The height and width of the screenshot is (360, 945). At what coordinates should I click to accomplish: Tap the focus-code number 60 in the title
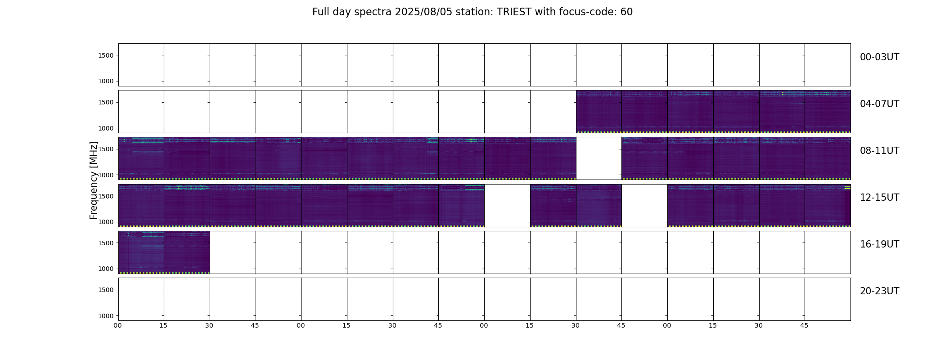pyautogui.click(x=626, y=12)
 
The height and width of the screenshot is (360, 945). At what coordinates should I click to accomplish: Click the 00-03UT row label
pyautogui.click(x=879, y=57)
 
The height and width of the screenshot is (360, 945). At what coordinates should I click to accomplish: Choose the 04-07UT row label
pyautogui.click(x=879, y=104)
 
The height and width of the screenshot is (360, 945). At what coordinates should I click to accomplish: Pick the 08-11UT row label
pyautogui.click(x=879, y=151)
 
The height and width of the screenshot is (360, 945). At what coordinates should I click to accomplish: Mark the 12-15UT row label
pyautogui.click(x=879, y=198)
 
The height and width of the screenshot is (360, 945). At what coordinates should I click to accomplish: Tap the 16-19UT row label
pyautogui.click(x=879, y=244)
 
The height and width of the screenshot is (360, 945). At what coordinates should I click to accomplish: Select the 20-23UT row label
pyautogui.click(x=879, y=291)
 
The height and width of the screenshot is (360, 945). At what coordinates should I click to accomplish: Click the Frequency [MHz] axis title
pyautogui.click(x=94, y=180)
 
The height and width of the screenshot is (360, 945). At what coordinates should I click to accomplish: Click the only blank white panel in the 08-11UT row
pyautogui.click(x=599, y=158)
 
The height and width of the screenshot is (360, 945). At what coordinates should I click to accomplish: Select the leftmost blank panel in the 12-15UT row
pyautogui.click(x=507, y=205)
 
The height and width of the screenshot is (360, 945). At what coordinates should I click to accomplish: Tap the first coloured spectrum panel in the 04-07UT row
pyautogui.click(x=599, y=112)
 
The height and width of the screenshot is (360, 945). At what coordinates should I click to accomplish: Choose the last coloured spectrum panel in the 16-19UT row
pyautogui.click(x=187, y=252)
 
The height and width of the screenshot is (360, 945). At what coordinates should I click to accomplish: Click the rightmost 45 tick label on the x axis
pyautogui.click(x=804, y=325)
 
